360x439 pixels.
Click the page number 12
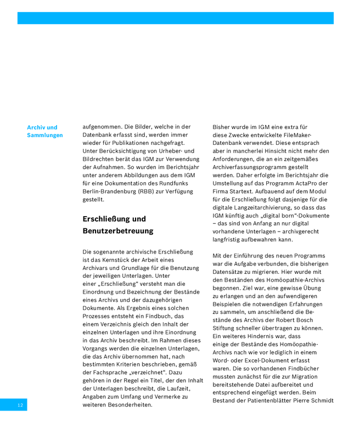point(20,405)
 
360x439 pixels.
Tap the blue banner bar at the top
point(175,18)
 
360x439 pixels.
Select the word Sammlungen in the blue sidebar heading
point(45,135)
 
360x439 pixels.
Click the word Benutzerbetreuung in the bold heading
point(118,231)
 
